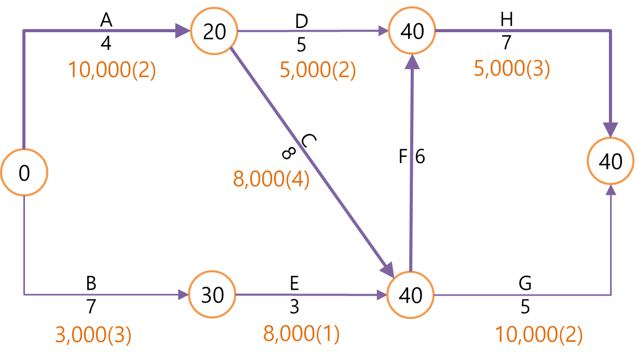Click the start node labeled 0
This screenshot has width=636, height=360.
tap(24, 173)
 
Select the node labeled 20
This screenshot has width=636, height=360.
tap(214, 32)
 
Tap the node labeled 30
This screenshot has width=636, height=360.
tap(212, 295)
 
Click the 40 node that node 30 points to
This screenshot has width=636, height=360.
tap(411, 295)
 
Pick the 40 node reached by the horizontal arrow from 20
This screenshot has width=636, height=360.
tap(412, 32)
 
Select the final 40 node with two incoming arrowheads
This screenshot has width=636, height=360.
tap(611, 162)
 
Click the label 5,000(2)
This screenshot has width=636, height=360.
tap(318, 70)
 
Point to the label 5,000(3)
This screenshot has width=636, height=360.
tap(512, 69)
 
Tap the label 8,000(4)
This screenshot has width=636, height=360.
tap(271, 180)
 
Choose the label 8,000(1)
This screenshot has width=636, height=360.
tap(302, 334)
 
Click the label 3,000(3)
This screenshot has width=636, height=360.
tap(93, 335)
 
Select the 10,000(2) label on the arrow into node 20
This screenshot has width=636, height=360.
tap(112, 70)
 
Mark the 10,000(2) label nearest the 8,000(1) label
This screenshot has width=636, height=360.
tap(538, 335)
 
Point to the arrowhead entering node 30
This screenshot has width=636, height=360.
tap(182, 295)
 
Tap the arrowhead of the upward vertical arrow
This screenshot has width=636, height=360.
tap(413, 62)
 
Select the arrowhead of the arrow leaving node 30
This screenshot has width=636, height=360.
tap(382, 295)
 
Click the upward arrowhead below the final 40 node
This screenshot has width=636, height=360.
tap(611, 191)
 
